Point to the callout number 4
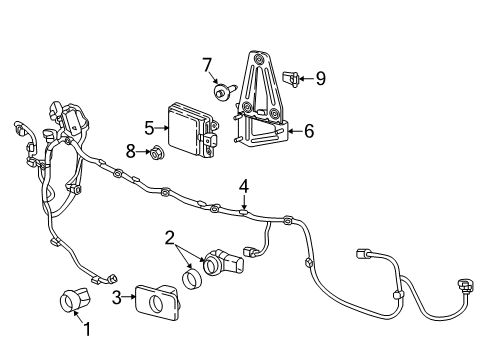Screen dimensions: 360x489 pyautogui.click(x=242, y=185)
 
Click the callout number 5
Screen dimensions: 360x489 pyautogui.click(x=149, y=128)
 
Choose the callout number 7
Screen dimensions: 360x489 pyautogui.click(x=207, y=66)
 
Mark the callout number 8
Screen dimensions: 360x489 pyautogui.click(x=131, y=152)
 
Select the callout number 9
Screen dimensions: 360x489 pyautogui.click(x=320, y=77)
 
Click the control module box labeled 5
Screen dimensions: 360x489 pyautogui.click(x=189, y=129)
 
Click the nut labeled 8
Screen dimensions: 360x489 pyautogui.click(x=155, y=153)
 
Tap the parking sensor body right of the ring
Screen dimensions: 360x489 pyautogui.click(x=220, y=263)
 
